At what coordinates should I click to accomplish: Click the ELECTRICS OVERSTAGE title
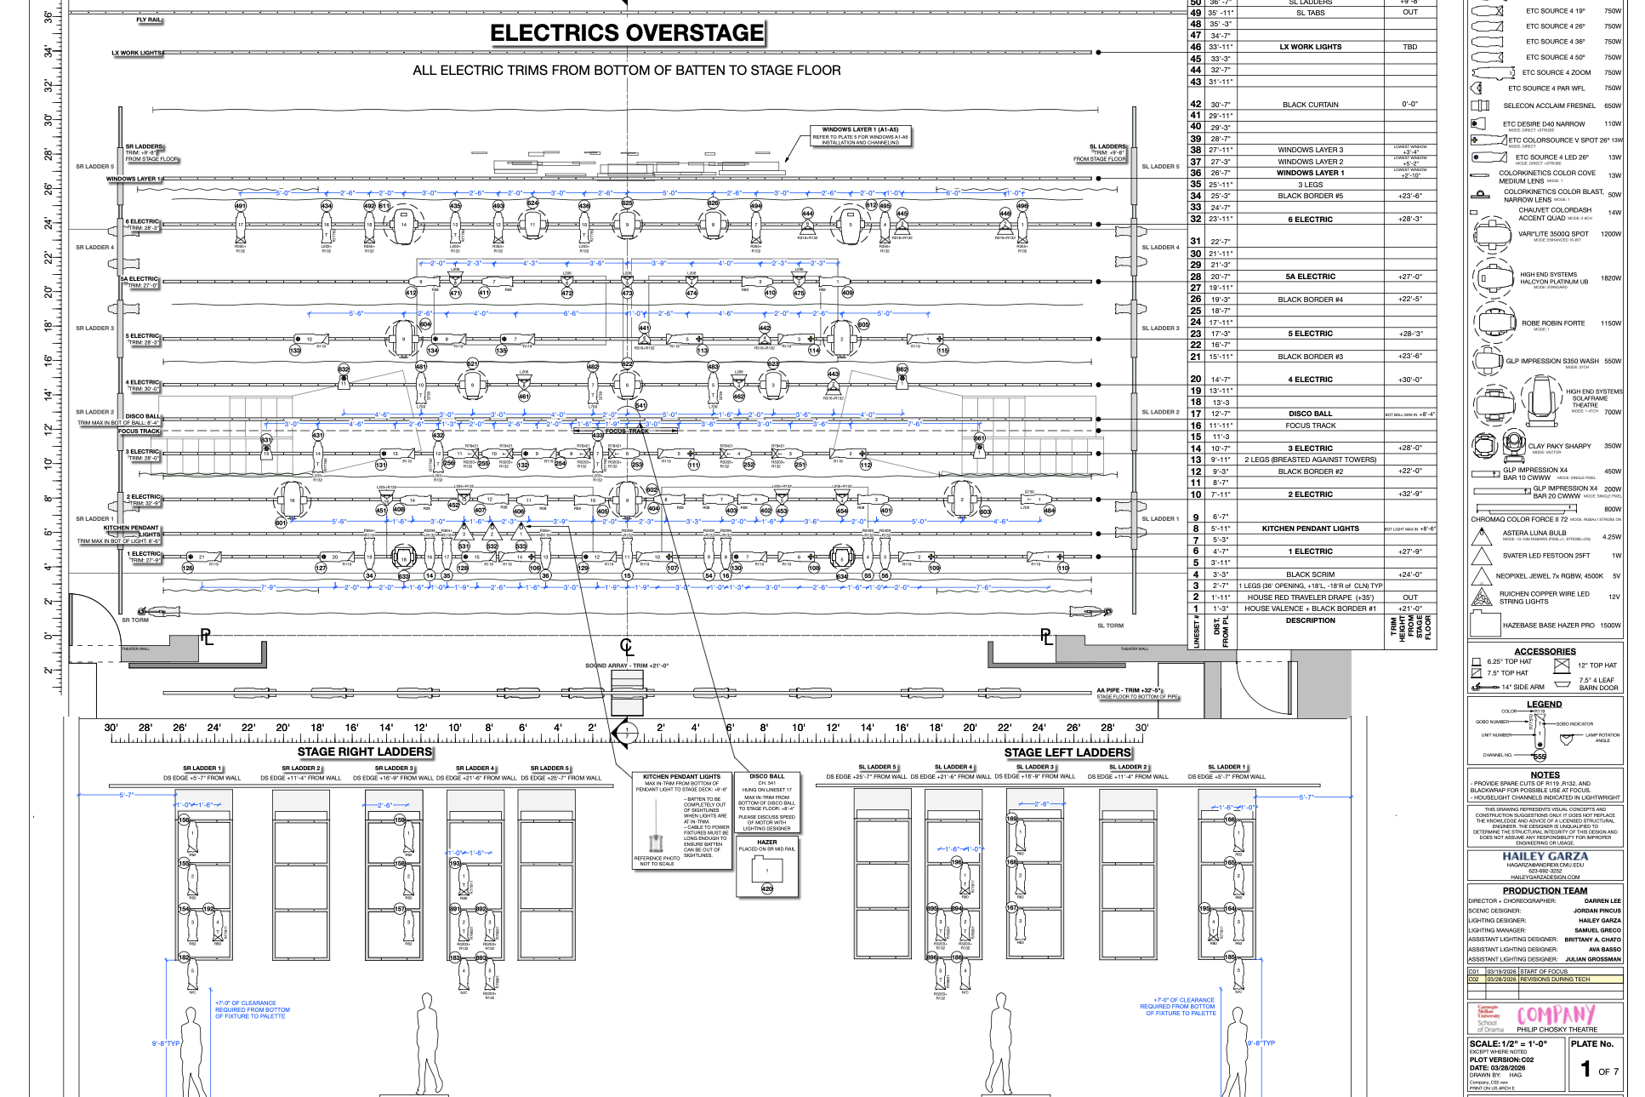627,33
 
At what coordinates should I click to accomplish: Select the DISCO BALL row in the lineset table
1310,414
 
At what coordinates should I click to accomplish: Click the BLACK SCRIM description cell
1310,574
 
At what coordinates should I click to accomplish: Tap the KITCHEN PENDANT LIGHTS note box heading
681,777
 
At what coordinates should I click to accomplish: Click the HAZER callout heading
766,843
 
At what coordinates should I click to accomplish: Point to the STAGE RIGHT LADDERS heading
365,752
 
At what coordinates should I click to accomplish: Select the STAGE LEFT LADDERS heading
1067,752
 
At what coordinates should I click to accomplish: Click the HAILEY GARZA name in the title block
1545,857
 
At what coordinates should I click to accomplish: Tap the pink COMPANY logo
1556,1014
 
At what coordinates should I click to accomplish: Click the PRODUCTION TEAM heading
1545,891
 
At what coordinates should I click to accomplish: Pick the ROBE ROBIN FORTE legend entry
1552,323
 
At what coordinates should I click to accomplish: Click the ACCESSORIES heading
1545,652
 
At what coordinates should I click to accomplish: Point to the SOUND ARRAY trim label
627,666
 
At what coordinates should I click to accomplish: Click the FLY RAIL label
148,20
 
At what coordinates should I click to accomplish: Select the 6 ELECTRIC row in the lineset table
1310,220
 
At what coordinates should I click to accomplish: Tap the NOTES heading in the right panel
1545,775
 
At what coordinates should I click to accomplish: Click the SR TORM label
135,620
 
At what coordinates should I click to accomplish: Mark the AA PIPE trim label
1128,691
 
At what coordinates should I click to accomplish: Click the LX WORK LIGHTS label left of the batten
136,53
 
